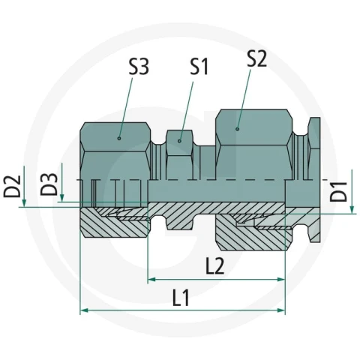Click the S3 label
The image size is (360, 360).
click(139, 67)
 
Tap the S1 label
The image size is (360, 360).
click(199, 67)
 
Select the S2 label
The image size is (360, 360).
click(257, 58)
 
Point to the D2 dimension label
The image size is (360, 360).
click(12, 186)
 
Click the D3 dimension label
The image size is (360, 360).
click(49, 184)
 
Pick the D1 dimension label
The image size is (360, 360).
click(339, 192)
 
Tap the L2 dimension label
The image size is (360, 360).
click(214, 266)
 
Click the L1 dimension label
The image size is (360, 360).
click(181, 298)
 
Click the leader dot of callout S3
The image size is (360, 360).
click(119, 138)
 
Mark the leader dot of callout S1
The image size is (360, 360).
click(179, 141)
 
